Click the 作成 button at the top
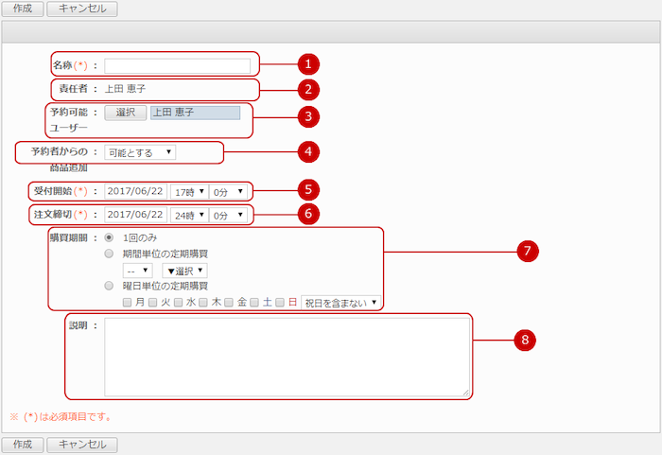click(23, 9)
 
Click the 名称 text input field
click(178, 66)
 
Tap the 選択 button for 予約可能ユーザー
click(126, 113)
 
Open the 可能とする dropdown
click(140, 152)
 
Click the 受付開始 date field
click(135, 191)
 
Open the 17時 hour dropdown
click(189, 192)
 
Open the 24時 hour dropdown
click(189, 215)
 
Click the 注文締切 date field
click(135, 215)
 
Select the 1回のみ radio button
click(109, 237)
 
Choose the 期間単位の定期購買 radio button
click(109, 254)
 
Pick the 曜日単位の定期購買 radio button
click(109, 286)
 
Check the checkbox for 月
click(127, 303)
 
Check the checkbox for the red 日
click(280, 303)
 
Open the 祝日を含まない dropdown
click(340, 303)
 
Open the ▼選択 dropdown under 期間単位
click(184, 271)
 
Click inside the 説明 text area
click(287, 357)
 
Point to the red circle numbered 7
click(528, 252)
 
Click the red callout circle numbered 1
click(308, 64)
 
